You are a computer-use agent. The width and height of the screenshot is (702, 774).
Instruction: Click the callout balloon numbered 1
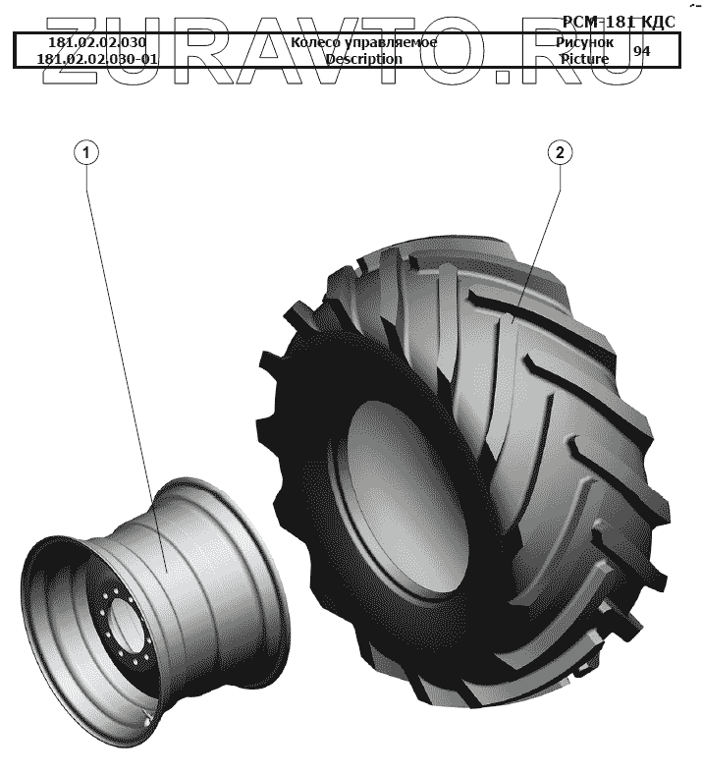[87, 152]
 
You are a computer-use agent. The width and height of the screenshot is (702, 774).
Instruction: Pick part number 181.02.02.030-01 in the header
[97, 59]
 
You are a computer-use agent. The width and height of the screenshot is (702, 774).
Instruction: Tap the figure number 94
[641, 51]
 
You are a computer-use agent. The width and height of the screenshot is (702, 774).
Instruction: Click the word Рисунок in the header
[585, 43]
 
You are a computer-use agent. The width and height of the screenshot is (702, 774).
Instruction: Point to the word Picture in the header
[584, 59]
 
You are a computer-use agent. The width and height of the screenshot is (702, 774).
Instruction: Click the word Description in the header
[363, 59]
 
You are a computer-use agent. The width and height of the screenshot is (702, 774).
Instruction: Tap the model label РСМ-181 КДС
[619, 23]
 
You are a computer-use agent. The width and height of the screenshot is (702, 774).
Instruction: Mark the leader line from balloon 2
[538, 236]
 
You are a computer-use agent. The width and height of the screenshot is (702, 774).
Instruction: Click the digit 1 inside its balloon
[87, 152]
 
